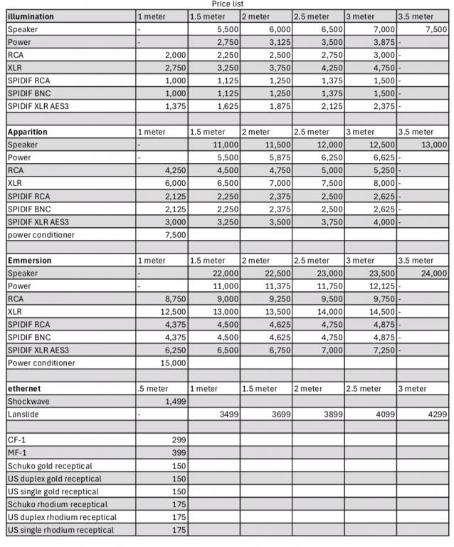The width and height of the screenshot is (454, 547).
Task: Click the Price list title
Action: (227, 4)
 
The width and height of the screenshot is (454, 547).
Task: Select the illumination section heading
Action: (31, 16)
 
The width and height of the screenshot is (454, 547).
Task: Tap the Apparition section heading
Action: (28, 132)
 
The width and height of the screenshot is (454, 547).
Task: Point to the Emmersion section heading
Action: (29, 260)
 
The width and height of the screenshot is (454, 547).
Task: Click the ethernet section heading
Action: (24, 388)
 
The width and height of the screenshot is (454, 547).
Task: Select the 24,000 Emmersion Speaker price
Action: (433, 273)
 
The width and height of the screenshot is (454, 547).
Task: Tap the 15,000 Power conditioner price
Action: (171, 363)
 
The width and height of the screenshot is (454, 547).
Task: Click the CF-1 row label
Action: (17, 439)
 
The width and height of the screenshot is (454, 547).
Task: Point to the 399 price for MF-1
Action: (178, 452)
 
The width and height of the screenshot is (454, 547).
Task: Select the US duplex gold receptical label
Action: (55, 478)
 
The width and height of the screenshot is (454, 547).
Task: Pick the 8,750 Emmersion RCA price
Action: (174, 298)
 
